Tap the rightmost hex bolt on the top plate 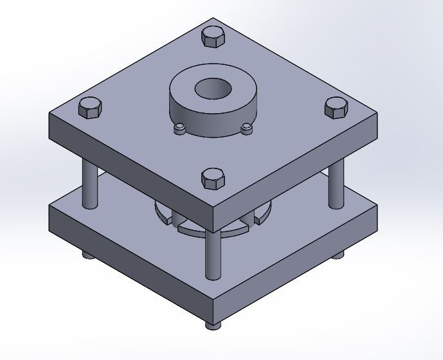[335, 108]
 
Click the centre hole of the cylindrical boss [213, 88]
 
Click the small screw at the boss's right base [246, 129]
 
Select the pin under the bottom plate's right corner [338, 255]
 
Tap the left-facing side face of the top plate [129, 174]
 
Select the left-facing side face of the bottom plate [129, 257]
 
